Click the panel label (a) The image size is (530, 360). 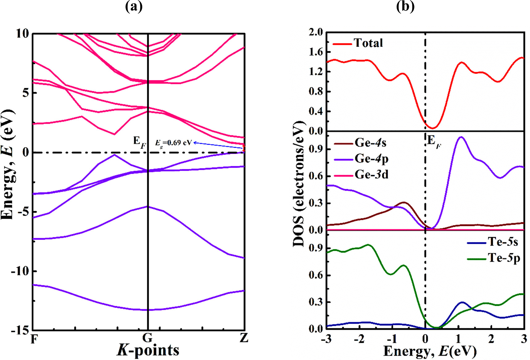134,6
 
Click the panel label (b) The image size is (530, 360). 405,6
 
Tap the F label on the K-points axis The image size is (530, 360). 34,339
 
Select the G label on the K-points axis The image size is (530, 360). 148,338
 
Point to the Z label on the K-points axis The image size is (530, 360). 244,338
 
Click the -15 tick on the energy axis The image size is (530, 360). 20,330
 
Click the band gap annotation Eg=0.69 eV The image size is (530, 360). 173,143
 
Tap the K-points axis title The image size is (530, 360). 148,350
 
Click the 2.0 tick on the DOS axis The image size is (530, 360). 316,32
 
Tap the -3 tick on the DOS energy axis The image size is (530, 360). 326,339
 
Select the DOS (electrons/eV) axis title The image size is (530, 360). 299,184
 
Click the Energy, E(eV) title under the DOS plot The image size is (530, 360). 430,351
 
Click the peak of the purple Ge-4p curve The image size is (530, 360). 461,137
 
